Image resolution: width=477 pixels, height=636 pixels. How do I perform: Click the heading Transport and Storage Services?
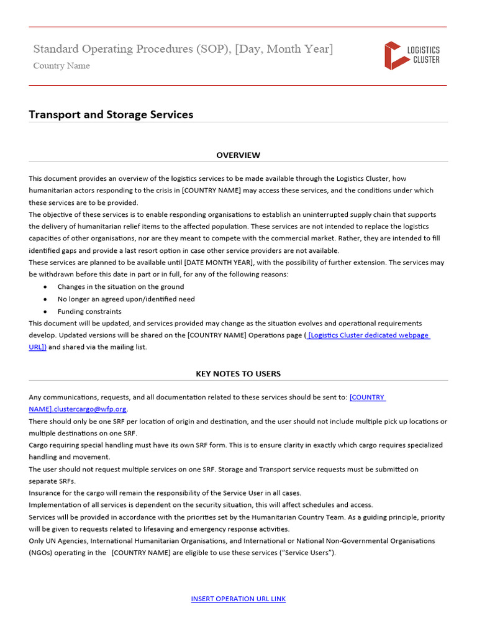111,115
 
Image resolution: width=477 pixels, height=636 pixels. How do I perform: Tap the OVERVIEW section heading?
238,155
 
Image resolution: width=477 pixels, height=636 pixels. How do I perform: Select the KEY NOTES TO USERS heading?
238,374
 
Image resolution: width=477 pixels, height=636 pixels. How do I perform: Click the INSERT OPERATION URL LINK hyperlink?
238,599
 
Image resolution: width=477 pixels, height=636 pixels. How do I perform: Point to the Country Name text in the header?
61,66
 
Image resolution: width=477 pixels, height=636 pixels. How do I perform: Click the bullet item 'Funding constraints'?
89,311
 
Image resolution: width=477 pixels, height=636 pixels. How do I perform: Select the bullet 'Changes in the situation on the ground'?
120,287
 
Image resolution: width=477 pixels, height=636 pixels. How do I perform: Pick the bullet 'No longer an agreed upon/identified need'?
126,299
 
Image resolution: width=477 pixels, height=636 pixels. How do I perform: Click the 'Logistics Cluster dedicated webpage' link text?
368,335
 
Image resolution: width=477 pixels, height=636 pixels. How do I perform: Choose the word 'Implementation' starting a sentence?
54,505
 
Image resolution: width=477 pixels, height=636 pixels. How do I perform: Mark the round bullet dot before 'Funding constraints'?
45,311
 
